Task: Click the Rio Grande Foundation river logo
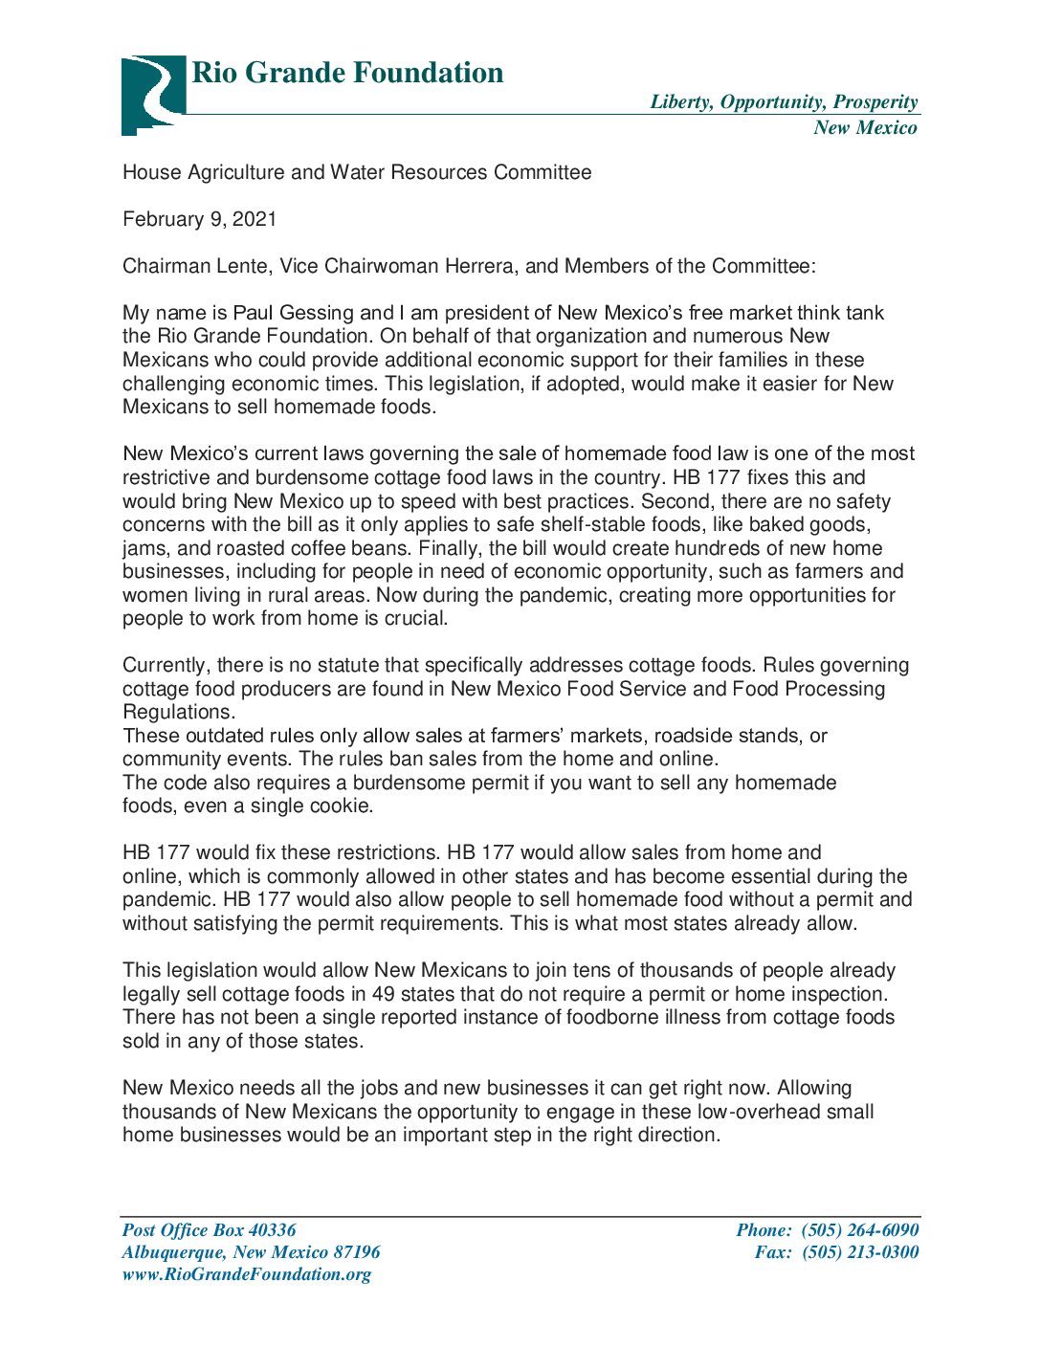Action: pos(152,93)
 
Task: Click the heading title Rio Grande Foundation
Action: pos(347,73)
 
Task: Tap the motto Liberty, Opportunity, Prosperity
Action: pos(784,102)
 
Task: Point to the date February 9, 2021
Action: pos(200,219)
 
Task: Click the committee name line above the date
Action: pos(357,172)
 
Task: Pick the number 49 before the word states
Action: pos(383,994)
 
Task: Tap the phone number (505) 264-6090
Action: pos(859,1230)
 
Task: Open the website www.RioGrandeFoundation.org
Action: pos(247,1274)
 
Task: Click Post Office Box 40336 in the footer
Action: pos(210,1230)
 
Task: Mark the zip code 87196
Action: pos(356,1252)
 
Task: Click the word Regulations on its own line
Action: pos(179,712)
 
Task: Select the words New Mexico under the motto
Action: pos(865,128)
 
